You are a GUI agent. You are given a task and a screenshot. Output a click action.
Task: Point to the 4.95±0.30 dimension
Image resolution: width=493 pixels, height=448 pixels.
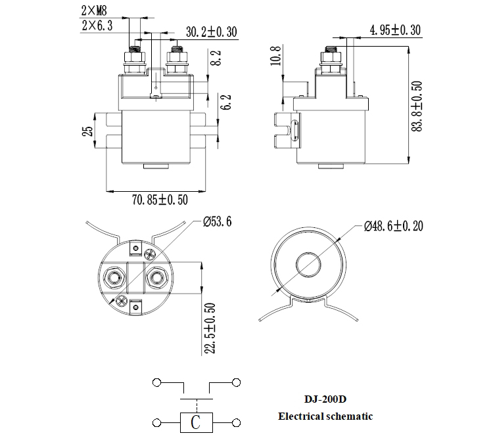point(394,30)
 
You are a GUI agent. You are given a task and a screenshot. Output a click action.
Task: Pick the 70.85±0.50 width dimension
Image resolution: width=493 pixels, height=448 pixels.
point(160,200)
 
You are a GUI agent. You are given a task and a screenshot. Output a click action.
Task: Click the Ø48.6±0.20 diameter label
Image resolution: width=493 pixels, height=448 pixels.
point(393,226)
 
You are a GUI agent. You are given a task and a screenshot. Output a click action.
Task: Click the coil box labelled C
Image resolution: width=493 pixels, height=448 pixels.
point(195,422)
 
